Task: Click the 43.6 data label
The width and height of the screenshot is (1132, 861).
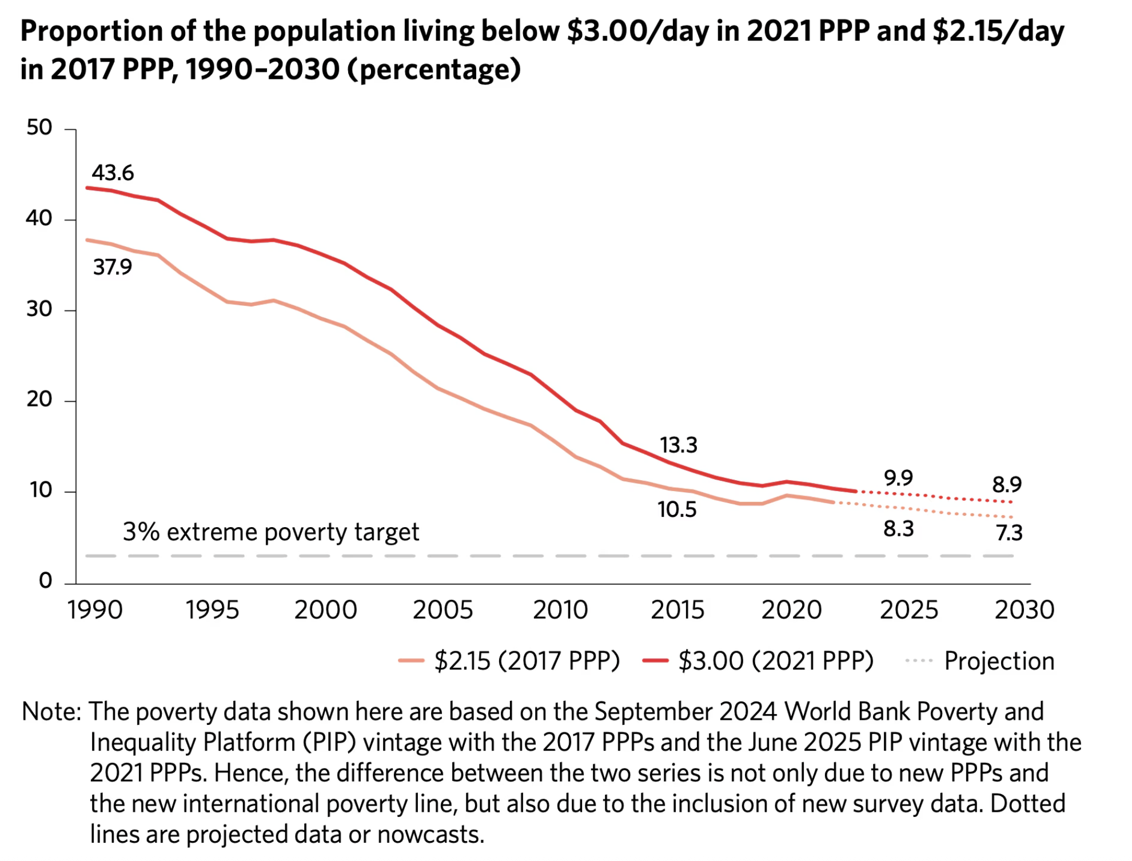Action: [113, 173]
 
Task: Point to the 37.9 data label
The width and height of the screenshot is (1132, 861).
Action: [113, 267]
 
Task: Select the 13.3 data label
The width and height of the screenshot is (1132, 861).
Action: [679, 445]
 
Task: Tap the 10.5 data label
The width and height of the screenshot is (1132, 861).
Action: [677, 509]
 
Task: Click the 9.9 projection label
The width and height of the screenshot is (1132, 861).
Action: [898, 477]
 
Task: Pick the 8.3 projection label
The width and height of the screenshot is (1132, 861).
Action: [898, 529]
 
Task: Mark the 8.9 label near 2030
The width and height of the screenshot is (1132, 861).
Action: [1007, 485]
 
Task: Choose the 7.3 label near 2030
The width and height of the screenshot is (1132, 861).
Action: [1009, 533]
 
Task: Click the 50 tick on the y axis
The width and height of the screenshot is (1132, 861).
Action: [39, 127]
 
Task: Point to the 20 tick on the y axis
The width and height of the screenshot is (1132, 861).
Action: [39, 399]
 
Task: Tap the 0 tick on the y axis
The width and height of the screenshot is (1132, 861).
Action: [45, 581]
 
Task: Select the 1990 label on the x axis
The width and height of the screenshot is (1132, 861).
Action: [95, 610]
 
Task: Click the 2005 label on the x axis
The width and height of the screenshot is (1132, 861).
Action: [443, 610]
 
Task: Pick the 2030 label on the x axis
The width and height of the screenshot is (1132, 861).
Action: [1025, 610]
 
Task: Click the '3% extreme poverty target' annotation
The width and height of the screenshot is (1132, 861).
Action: [271, 532]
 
